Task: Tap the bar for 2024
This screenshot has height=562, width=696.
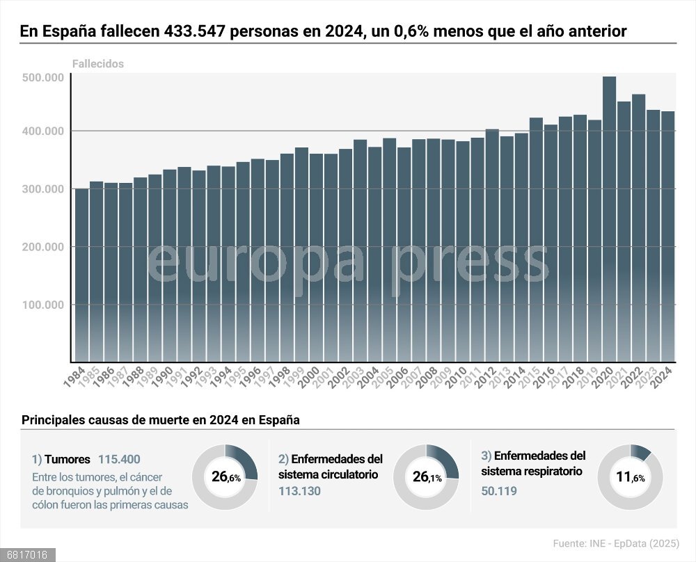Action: (667, 236)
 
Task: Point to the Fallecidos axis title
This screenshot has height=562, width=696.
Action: (97, 63)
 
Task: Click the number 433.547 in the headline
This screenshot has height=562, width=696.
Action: (193, 32)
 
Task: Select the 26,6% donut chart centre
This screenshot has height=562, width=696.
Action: (225, 477)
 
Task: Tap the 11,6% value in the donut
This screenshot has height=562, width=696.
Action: (630, 478)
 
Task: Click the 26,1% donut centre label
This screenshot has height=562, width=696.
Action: (426, 477)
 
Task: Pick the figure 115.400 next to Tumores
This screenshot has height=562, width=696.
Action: (119, 459)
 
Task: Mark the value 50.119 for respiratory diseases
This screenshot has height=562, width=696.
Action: (498, 490)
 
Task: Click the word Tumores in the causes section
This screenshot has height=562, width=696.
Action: (68, 459)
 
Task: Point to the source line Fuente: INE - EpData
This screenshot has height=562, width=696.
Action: (616, 543)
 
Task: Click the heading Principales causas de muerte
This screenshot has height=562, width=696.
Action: (160, 420)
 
